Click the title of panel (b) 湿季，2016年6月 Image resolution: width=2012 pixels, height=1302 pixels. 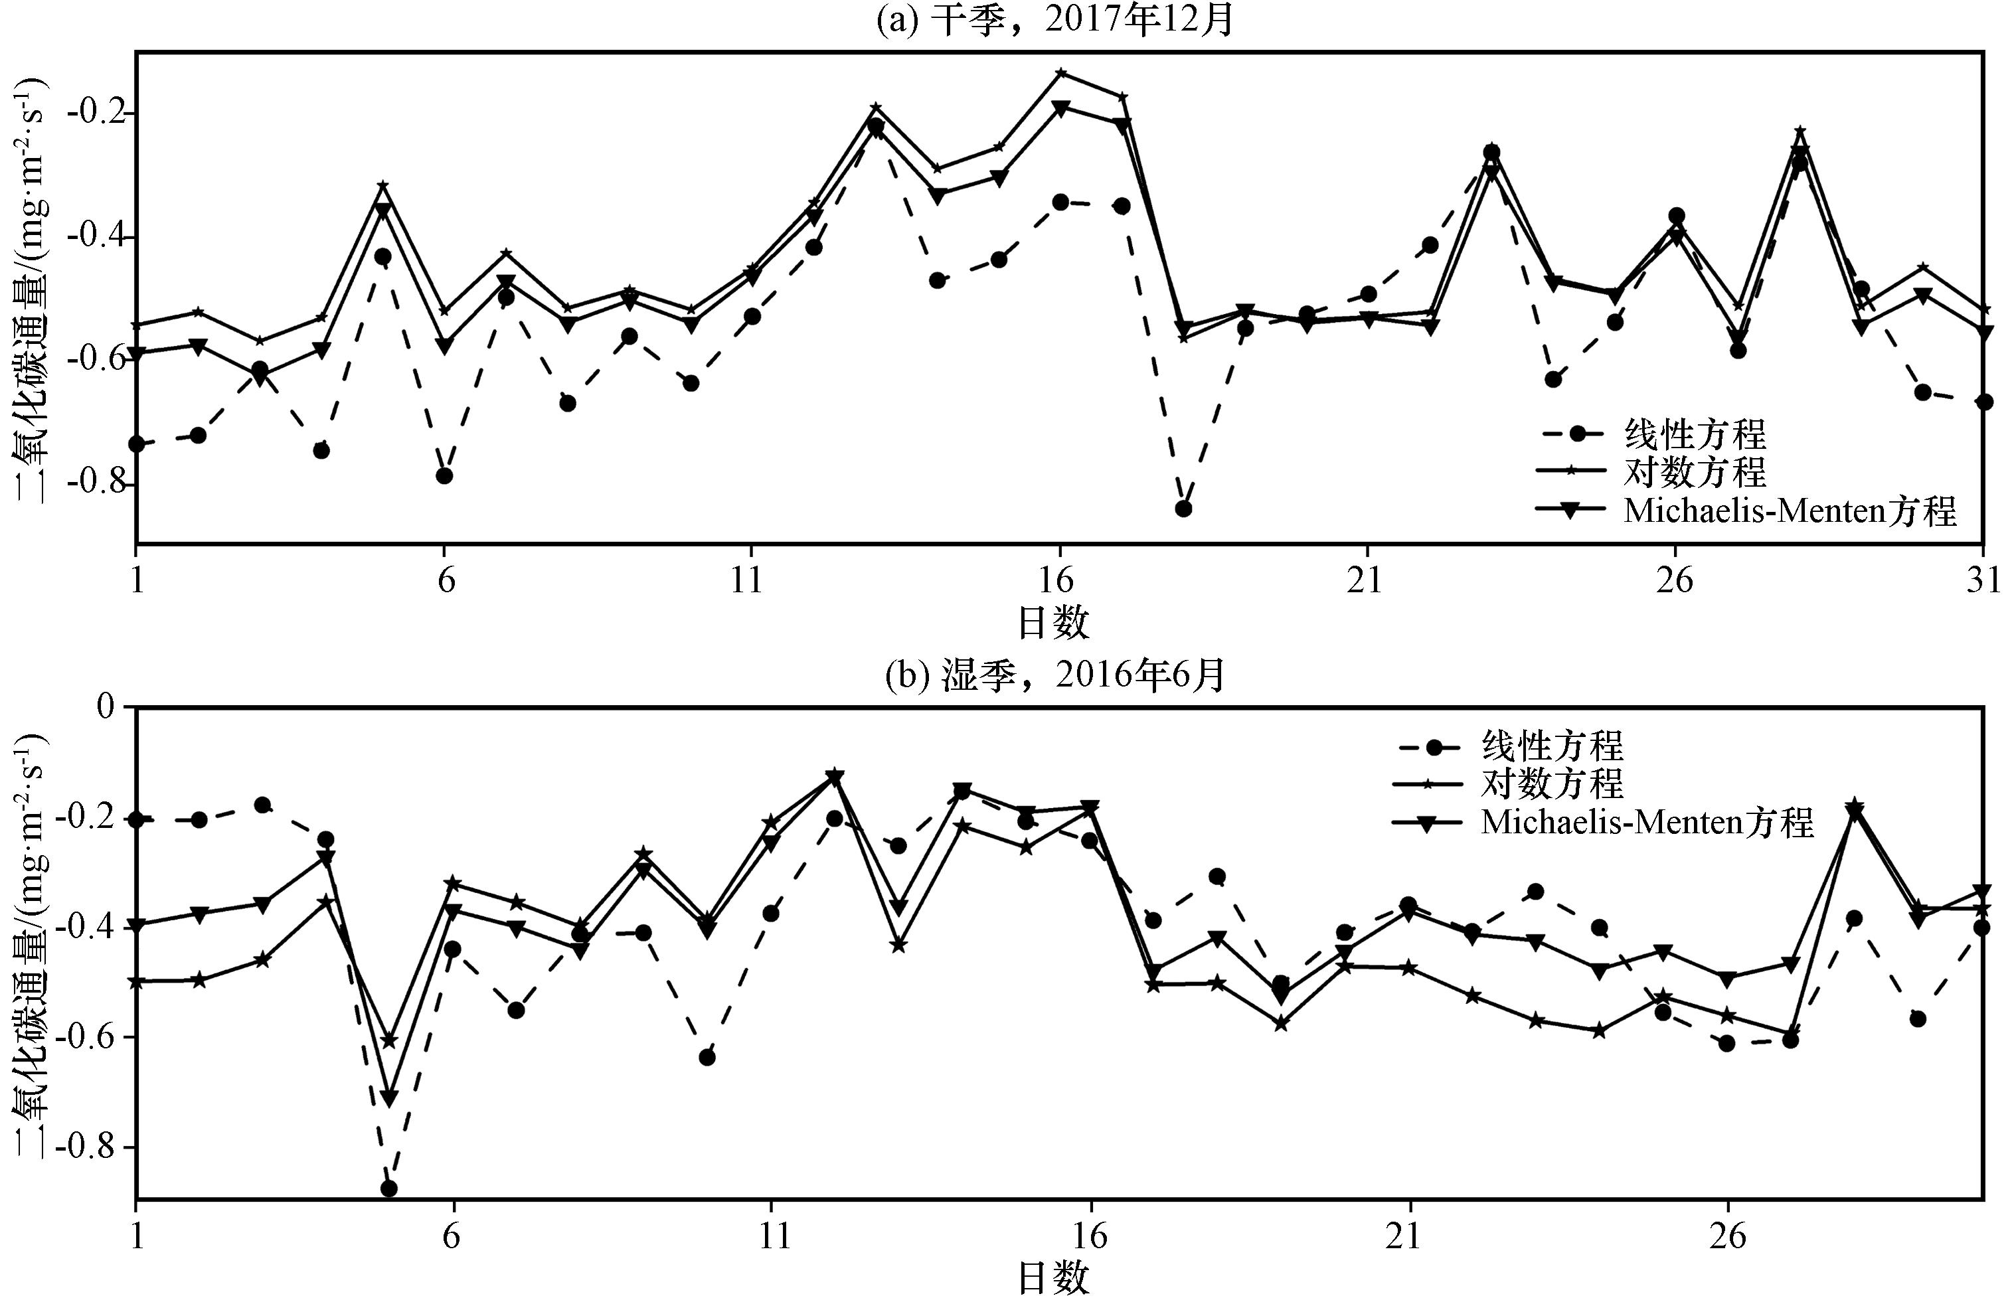coord(1055,675)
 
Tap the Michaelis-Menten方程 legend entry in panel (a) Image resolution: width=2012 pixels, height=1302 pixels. coord(1789,511)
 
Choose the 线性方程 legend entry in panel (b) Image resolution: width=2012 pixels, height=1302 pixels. coord(1551,746)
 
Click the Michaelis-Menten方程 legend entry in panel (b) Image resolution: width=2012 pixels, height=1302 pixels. coord(1646,823)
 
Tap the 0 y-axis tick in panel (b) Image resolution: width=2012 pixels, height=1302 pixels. coord(106,706)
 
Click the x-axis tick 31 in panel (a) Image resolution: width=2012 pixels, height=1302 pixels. coord(1981,582)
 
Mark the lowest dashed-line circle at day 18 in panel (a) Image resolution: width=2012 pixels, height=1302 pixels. coord(1183,508)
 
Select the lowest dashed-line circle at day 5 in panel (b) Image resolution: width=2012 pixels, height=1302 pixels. coord(389,1188)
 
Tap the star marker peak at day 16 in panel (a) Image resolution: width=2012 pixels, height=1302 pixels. coord(1060,73)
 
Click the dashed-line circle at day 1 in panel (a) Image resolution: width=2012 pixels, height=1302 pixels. coord(136,444)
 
